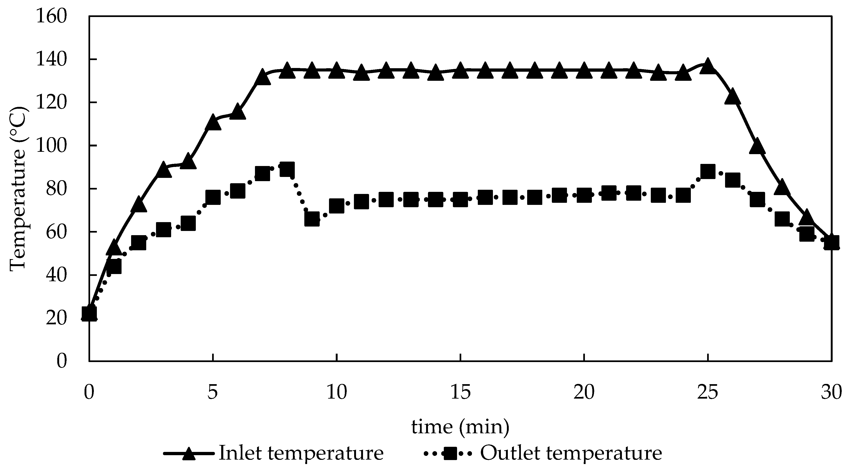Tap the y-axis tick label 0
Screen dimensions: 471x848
61,361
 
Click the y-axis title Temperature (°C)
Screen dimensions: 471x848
18,188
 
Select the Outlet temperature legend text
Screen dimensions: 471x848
571,453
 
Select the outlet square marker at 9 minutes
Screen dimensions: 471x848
312,219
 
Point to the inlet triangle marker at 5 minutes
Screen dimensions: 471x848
213,122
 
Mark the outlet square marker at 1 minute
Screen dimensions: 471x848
114,266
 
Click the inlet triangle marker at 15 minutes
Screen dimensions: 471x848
460,71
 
